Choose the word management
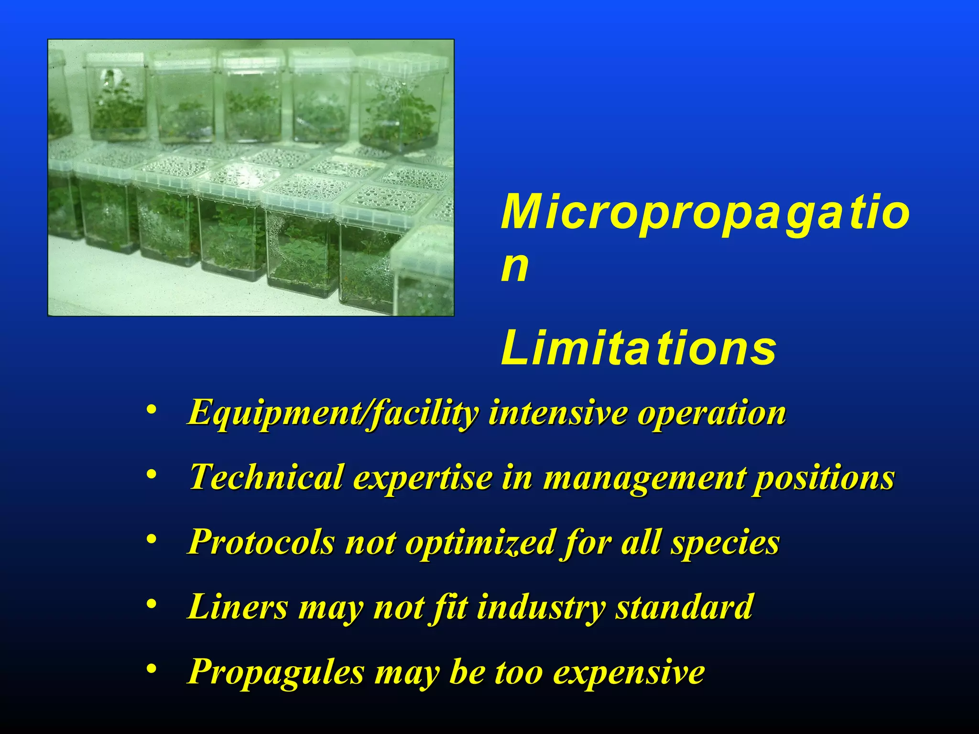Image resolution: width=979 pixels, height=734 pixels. tap(643, 478)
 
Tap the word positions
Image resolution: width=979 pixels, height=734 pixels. tap(823, 478)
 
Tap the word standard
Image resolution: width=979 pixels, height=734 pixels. tap(684, 607)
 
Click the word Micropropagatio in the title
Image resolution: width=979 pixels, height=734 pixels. tap(705, 213)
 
